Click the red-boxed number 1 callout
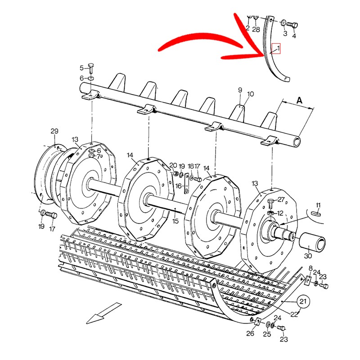(278, 48)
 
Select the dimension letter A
(299, 101)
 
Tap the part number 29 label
(54, 131)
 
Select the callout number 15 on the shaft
(175, 221)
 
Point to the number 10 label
(250, 94)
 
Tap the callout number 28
(256, 29)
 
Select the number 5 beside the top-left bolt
(82, 68)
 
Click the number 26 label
(251, 333)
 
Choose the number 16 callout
(178, 185)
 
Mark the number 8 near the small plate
(310, 268)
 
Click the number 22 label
(294, 315)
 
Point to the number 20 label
(173, 166)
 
